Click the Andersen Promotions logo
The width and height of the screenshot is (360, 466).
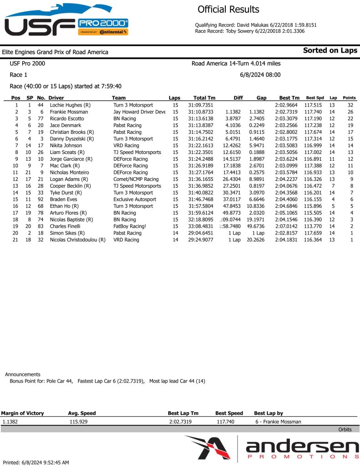pyautogui.click(x=272, y=449)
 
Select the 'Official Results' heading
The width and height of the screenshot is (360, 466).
pyautogui.click(x=228, y=10)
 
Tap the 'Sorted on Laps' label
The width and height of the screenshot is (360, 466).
pyautogui.click(x=330, y=51)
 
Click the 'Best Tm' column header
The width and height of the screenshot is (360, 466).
pyautogui.click(x=289, y=98)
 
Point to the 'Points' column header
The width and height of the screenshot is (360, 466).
pyautogui.click(x=349, y=98)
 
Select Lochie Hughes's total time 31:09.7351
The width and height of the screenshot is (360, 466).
pyautogui.click(x=204, y=105)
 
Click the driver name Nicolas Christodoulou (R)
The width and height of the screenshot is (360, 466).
pyautogui.click(x=77, y=240)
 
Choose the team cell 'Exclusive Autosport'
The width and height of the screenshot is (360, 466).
pyautogui.click(x=134, y=200)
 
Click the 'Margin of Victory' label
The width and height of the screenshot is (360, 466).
pyautogui.click(x=22, y=413)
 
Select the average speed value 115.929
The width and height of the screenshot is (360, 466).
pyautogui.click(x=78, y=422)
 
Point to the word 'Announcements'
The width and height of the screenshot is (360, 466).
pyautogui.click(x=22, y=374)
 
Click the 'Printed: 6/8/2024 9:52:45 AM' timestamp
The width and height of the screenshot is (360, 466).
pyautogui.click(x=36, y=462)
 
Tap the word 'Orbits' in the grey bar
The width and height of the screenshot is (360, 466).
pyautogui.click(x=345, y=430)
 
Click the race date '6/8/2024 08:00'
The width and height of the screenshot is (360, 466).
pyautogui.click(x=260, y=75)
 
